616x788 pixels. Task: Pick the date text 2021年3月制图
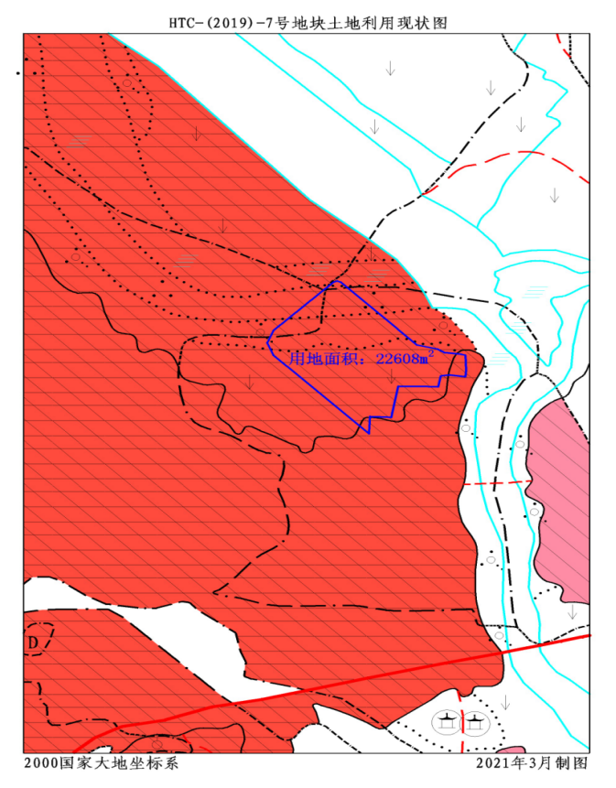[532, 762]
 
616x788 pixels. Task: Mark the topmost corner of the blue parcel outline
[338, 282]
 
